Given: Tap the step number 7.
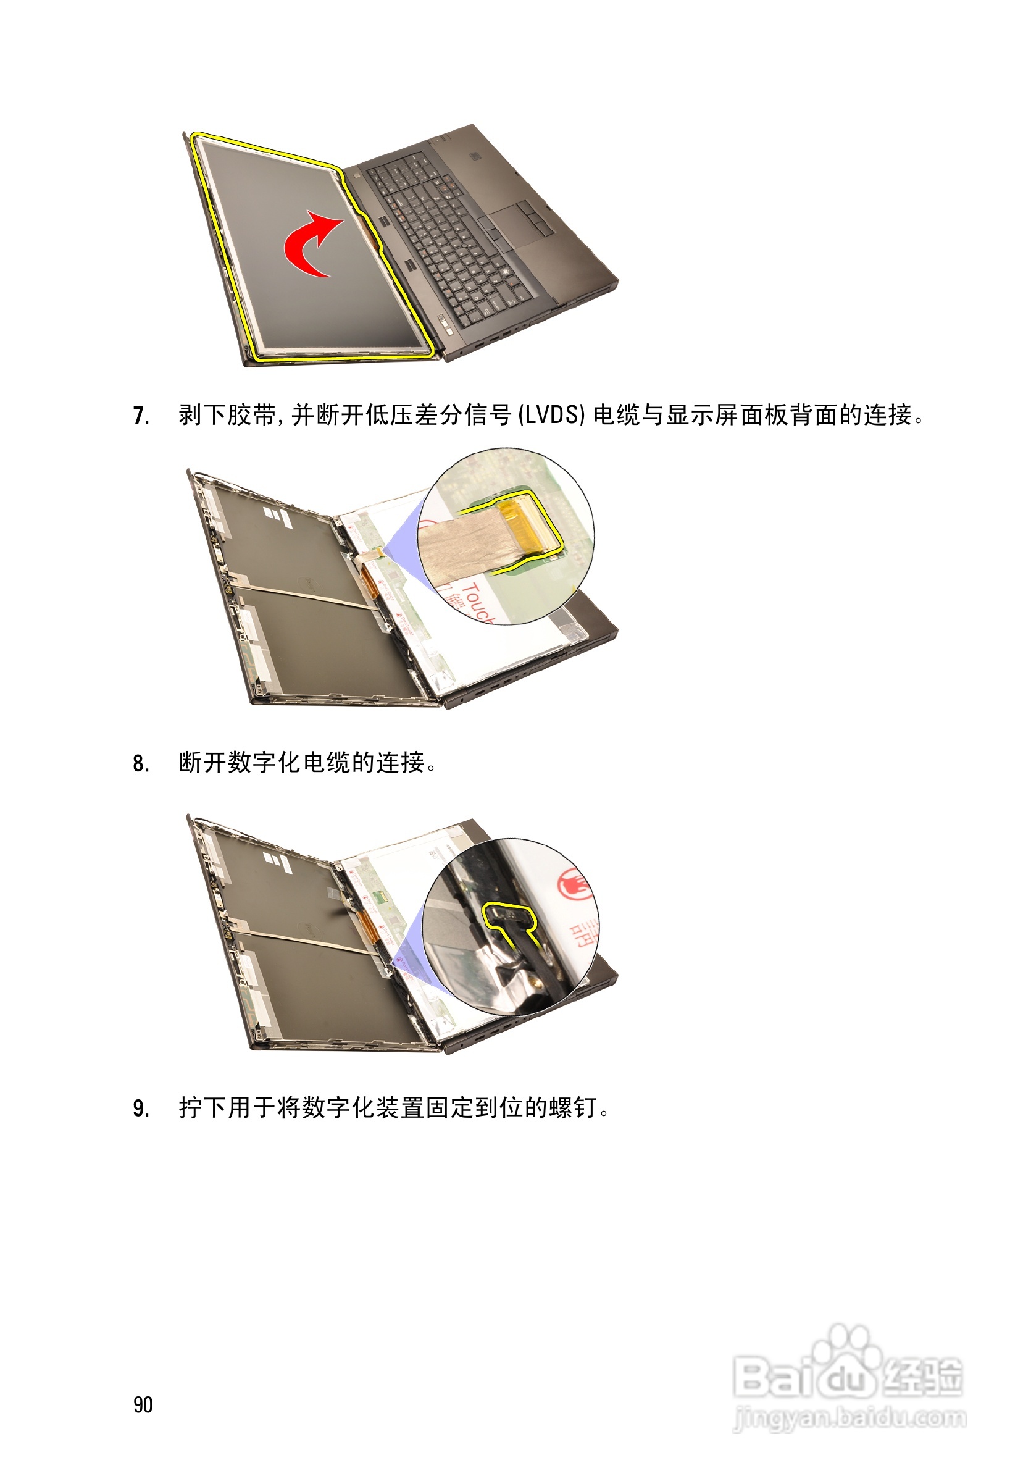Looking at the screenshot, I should (141, 416).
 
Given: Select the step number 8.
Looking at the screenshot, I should (141, 763).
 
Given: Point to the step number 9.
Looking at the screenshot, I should (141, 1109).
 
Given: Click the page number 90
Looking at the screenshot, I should (143, 1404).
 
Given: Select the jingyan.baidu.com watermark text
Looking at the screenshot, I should (849, 1417).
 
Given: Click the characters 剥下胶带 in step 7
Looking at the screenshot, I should (227, 415).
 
